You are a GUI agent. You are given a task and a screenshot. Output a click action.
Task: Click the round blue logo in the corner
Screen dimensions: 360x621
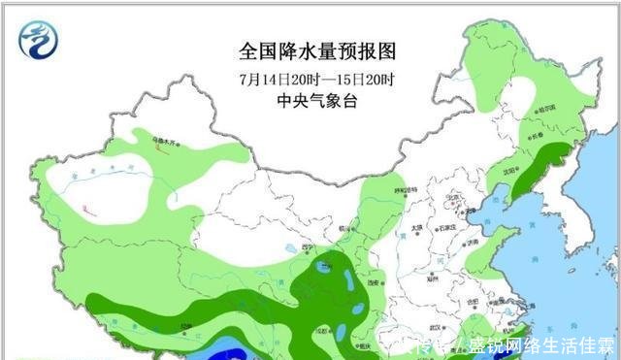tap(39, 40)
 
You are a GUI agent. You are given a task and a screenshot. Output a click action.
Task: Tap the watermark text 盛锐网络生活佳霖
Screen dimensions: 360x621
tap(542, 345)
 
